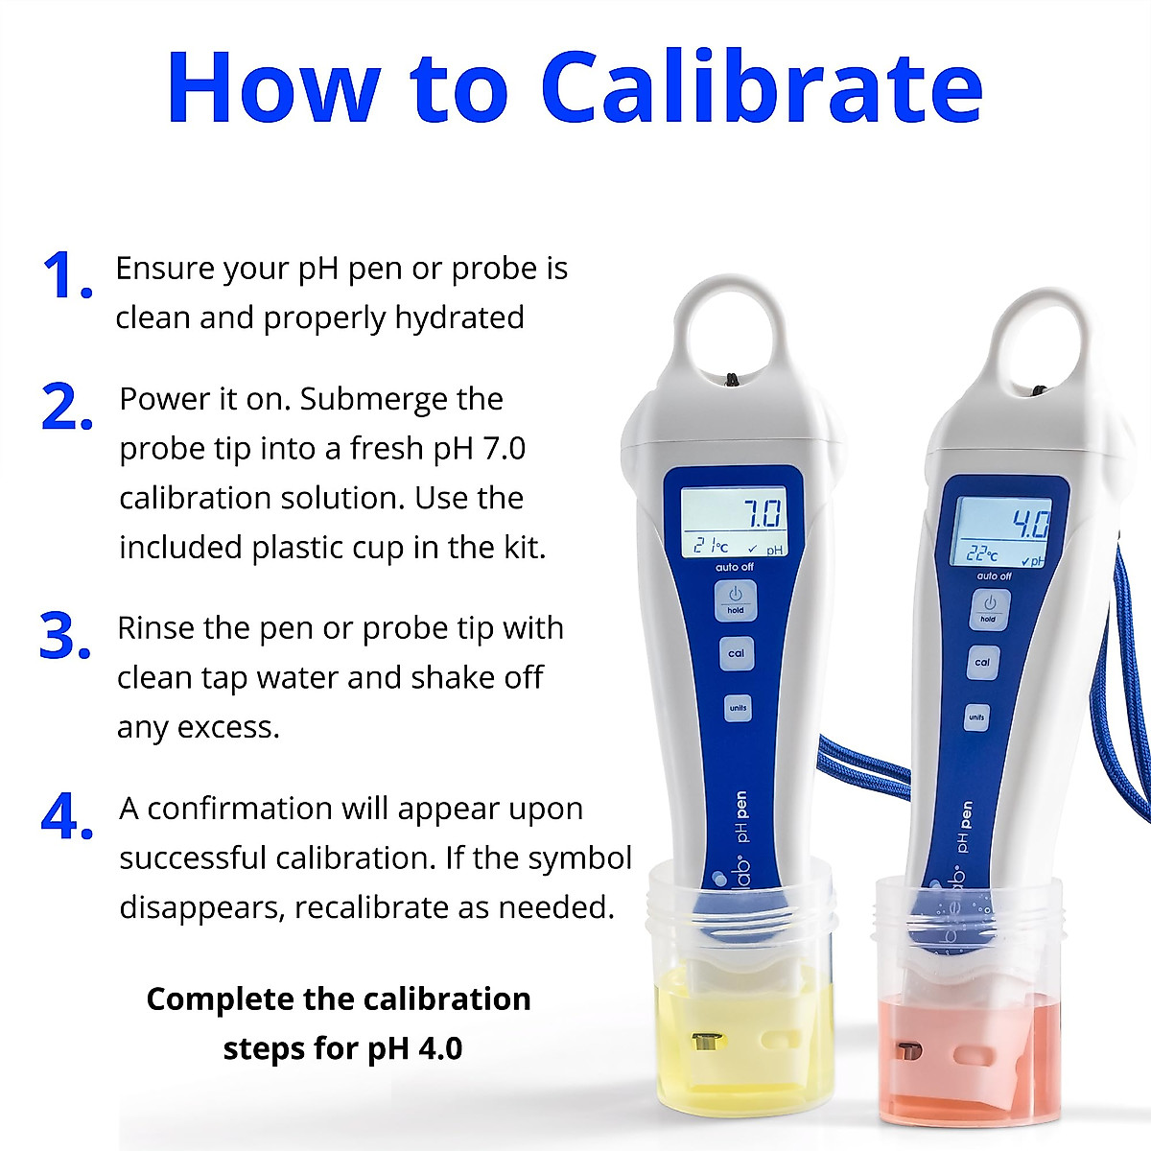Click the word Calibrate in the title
[x=762, y=88]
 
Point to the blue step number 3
[x=64, y=637]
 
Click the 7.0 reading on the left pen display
[x=763, y=514]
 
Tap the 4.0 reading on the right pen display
[x=1030, y=524]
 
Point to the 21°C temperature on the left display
[x=711, y=546]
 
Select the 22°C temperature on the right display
[x=981, y=553]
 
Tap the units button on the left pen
[x=737, y=708]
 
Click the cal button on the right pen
[x=982, y=662]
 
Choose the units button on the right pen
[x=976, y=716]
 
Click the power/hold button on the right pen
[x=989, y=608]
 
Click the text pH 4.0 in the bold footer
[x=415, y=1048]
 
